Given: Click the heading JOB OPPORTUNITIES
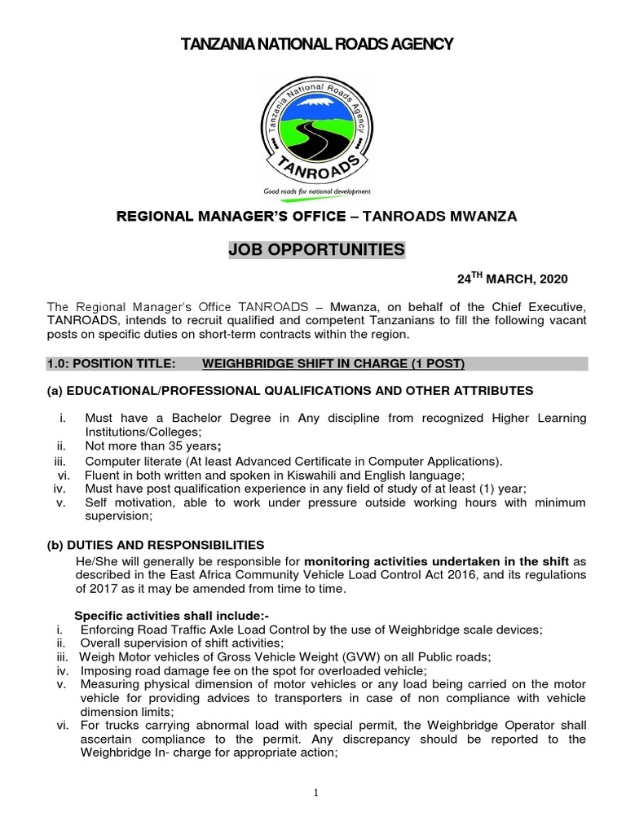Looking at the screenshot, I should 317,250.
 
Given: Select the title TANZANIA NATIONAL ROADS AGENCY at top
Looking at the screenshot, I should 317,43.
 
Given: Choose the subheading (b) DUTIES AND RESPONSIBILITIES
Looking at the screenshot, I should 156,544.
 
